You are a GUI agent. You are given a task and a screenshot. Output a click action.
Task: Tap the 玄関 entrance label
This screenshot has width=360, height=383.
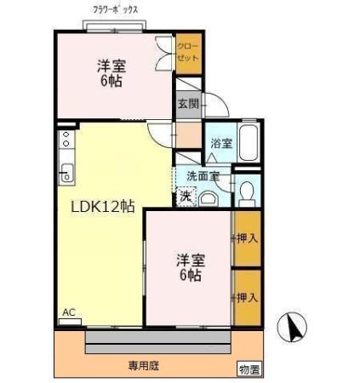pos(188,104)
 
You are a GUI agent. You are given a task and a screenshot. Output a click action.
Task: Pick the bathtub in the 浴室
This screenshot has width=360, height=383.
pos(248,141)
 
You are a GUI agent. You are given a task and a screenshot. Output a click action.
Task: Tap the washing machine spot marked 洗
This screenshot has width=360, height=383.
pos(186,197)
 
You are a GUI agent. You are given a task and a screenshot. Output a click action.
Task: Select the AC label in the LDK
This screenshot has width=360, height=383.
pos(69,312)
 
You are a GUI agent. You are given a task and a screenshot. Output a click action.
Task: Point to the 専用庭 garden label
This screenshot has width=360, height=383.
pos(144,366)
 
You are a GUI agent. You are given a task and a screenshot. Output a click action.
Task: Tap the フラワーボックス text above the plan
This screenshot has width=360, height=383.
pos(116,10)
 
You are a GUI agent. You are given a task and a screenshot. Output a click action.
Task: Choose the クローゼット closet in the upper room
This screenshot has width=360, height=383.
pos(187,53)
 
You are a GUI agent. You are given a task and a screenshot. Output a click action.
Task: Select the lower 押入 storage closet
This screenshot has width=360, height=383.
pos(246,297)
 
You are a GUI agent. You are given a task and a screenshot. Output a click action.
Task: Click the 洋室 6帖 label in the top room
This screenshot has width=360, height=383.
pos(107,74)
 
